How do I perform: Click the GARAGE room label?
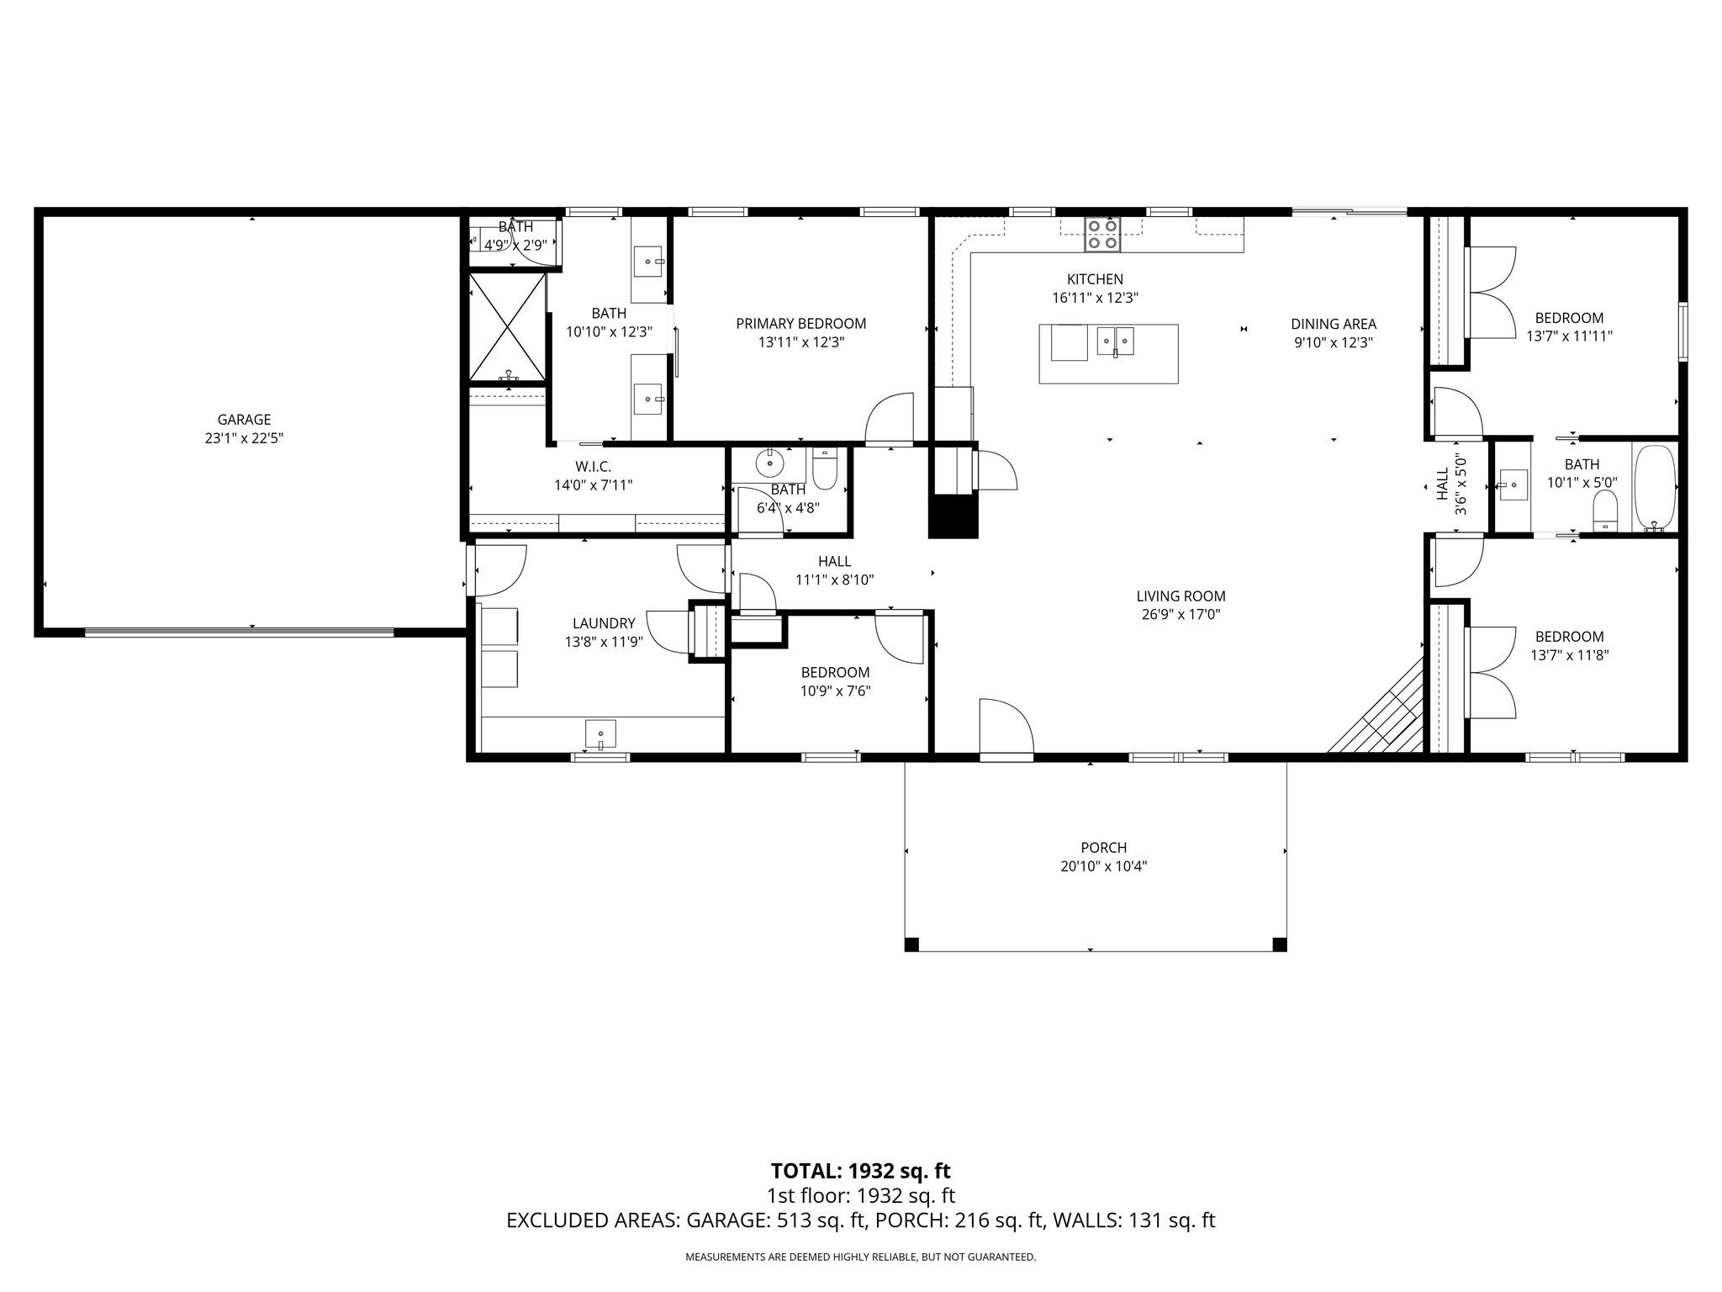[x=244, y=419]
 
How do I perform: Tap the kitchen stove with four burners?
[x=1102, y=234]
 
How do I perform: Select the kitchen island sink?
[x=1116, y=342]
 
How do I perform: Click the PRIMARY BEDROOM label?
[x=800, y=324]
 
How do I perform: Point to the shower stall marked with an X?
[x=507, y=327]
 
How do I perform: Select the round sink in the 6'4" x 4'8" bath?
[x=769, y=463]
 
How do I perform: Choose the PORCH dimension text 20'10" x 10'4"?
[x=1103, y=867]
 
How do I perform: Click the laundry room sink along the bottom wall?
[x=600, y=733]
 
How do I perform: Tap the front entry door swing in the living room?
[x=1006, y=728]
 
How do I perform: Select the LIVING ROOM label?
[x=1181, y=596]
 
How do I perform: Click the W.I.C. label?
[x=593, y=466]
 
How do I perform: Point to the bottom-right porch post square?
[x=1279, y=945]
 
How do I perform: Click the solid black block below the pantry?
[x=953, y=516]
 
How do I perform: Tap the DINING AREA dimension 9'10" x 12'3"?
[x=1334, y=342]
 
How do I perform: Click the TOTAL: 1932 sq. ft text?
[x=860, y=1171]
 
